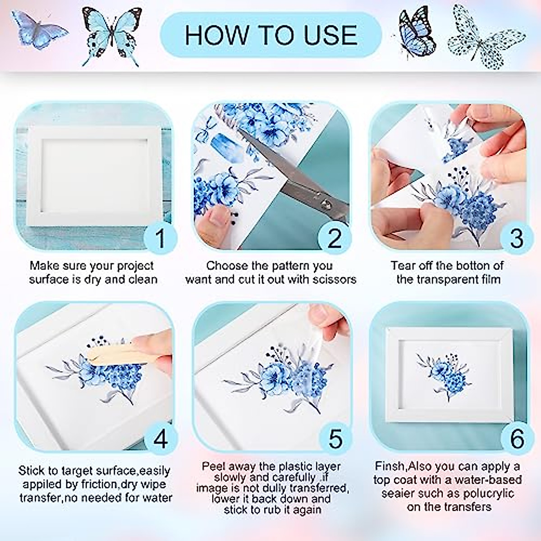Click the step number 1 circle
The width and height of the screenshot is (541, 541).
coord(160,238)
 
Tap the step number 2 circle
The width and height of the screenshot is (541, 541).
coord(335,238)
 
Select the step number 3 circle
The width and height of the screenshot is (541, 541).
coord(517,238)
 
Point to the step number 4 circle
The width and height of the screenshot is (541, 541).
coord(160,438)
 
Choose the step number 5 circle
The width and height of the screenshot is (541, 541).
coord(335,438)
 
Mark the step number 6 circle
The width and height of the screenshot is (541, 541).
coord(517,438)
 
